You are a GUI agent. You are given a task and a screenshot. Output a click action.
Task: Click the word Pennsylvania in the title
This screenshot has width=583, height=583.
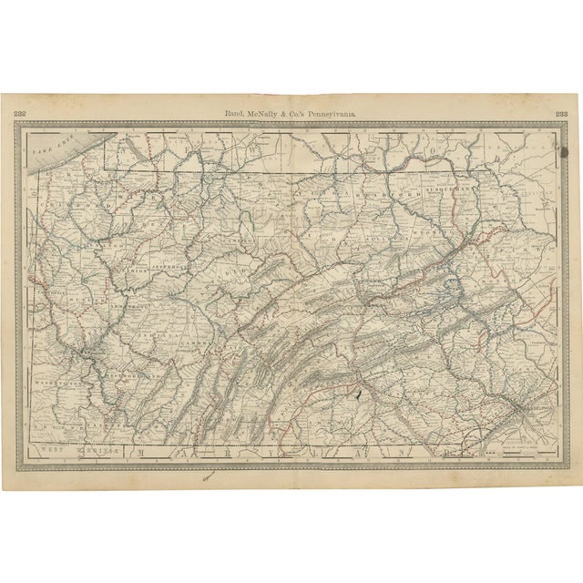click(332, 114)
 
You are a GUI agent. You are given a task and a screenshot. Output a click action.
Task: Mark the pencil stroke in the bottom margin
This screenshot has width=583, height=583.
click(209, 475)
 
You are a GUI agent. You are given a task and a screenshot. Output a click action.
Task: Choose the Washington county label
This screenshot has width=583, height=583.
click(61, 385)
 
